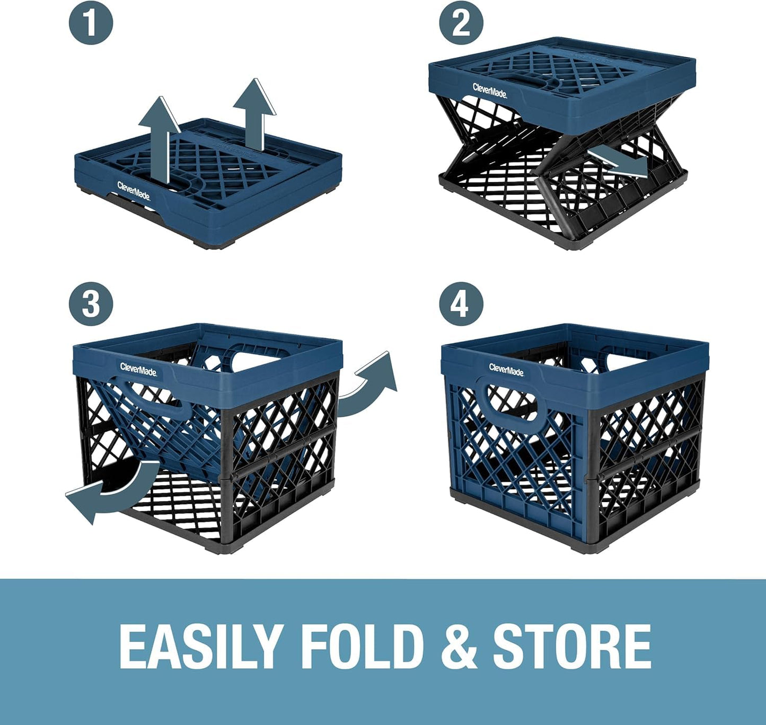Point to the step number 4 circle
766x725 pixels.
461,304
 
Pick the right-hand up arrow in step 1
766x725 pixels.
254,111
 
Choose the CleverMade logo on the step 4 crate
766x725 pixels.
506,369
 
